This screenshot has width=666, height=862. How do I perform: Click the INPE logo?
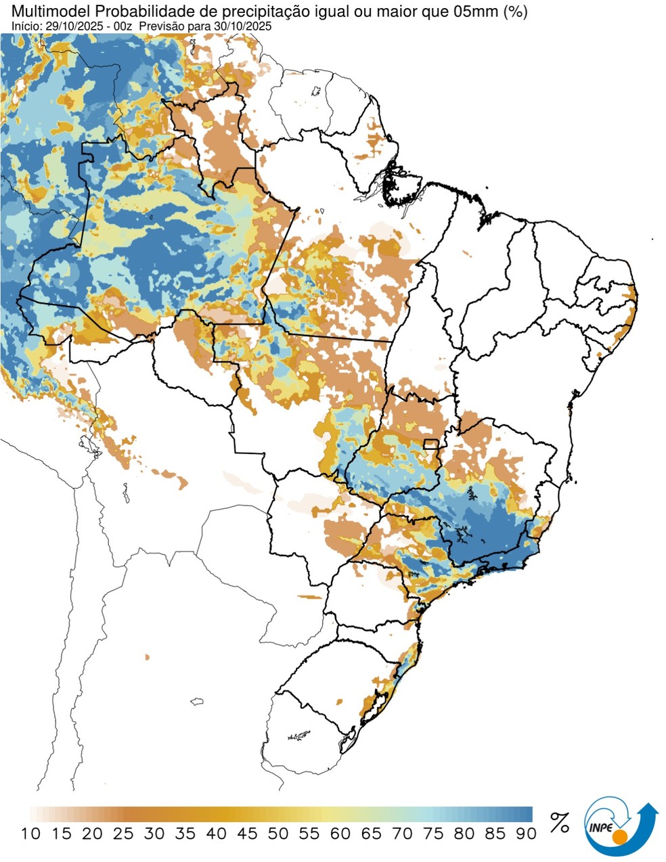click(620, 826)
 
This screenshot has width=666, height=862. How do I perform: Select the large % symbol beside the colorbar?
click(559, 822)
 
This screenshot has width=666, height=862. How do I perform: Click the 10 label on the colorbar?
click(30, 834)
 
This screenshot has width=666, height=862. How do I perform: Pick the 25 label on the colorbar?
click(123, 834)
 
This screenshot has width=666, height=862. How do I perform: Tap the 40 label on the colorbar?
click(216, 834)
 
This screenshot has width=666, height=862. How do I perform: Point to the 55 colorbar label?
click(309, 834)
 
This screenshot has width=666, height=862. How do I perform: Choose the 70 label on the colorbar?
click(402, 834)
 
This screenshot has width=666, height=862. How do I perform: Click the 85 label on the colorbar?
click(495, 834)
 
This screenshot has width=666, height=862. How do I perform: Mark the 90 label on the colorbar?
click(526, 834)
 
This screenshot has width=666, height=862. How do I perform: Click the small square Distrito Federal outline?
click(430, 444)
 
